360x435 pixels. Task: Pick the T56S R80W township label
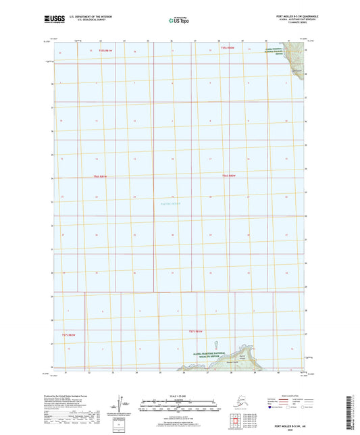pyautogui.click(x=229, y=176)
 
